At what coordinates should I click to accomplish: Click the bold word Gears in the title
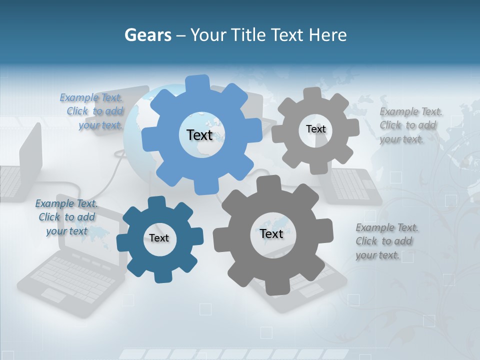[x=147, y=35]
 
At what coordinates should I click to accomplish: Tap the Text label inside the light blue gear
[x=199, y=135]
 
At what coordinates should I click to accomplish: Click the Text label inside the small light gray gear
[x=315, y=129]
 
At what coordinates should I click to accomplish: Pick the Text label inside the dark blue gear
[x=159, y=238]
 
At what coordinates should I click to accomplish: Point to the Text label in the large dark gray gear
[x=271, y=233]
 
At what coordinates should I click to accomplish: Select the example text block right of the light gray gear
[x=410, y=125]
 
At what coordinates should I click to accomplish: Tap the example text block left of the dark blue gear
[x=66, y=217]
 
